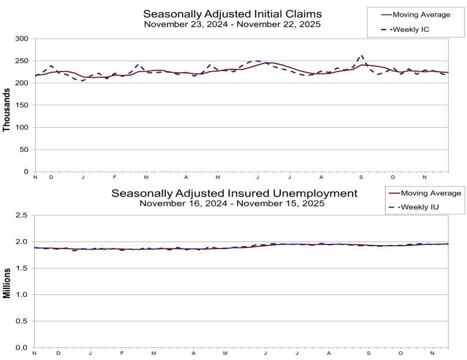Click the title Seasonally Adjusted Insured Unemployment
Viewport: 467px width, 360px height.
[x=235, y=193]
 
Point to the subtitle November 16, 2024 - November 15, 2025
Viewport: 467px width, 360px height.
[x=235, y=203]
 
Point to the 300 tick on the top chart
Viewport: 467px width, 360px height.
[x=21, y=39]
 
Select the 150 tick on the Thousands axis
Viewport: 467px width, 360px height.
[x=21, y=105]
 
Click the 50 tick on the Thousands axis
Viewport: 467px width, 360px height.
[x=23, y=150]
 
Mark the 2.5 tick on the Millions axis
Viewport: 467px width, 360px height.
[x=22, y=216]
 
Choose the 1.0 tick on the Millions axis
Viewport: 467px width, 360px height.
[x=22, y=295]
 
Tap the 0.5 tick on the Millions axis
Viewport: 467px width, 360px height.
[x=22, y=321]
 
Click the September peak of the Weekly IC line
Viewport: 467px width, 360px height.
[x=362, y=56]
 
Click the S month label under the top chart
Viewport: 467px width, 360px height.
[x=361, y=177]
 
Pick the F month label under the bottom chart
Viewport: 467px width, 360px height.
[x=122, y=353]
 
